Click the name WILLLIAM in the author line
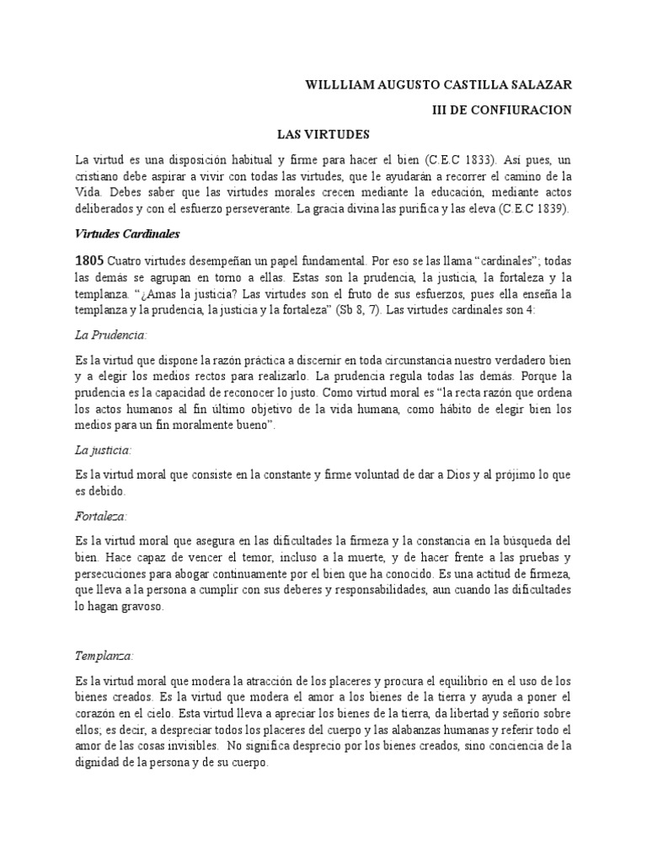337,85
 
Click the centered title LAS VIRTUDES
323,134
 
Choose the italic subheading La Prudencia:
111,335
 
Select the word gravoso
142,605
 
